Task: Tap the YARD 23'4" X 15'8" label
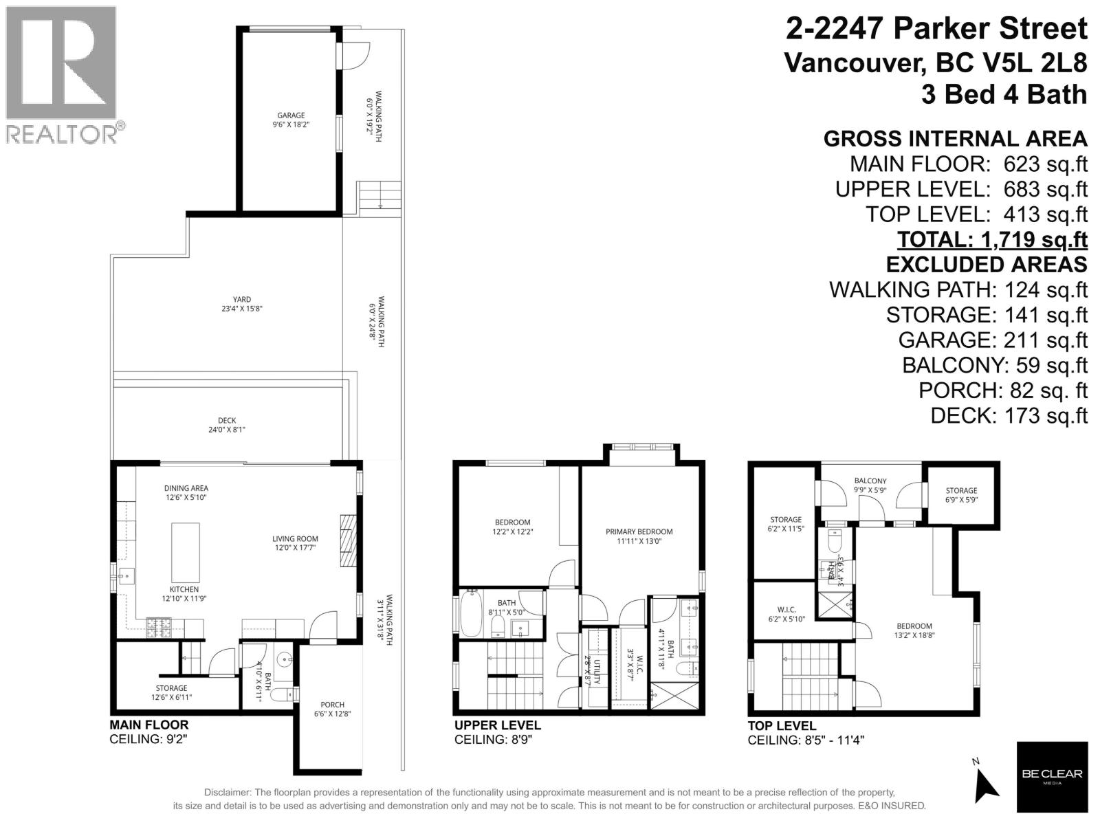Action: pos(241,304)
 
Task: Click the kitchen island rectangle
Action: pos(186,552)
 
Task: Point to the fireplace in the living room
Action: pos(350,540)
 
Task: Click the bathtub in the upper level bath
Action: pos(472,614)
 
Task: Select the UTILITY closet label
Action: pos(597,671)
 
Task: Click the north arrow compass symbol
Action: pos(987,783)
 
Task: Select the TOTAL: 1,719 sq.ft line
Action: pos(992,239)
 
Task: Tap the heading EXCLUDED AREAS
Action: pos(986,265)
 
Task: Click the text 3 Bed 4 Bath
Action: pos(1004,94)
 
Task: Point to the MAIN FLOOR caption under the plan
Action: pos(148,725)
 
